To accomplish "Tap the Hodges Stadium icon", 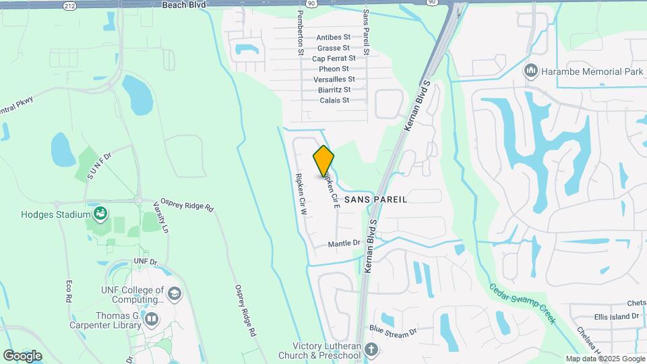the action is pyautogui.click(x=100, y=214).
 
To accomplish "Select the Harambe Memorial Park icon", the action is pyautogui.click(x=531, y=71).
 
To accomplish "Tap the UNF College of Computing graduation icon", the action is pyautogui.click(x=175, y=293).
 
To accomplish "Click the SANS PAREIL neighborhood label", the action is pyautogui.click(x=376, y=200).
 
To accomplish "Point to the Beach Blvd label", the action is pyautogui.click(x=183, y=4).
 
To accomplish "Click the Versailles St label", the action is pyautogui.click(x=334, y=80).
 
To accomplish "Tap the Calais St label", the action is pyautogui.click(x=335, y=100).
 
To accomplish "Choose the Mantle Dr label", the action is pyautogui.click(x=344, y=243).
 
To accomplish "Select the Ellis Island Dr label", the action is pyautogui.click(x=616, y=316).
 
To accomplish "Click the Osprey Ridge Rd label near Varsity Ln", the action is pyautogui.click(x=191, y=207).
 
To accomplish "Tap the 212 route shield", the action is pyautogui.click(x=69, y=5).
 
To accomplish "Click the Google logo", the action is pyautogui.click(x=22, y=355).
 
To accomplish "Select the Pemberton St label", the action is pyautogui.click(x=301, y=33).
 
